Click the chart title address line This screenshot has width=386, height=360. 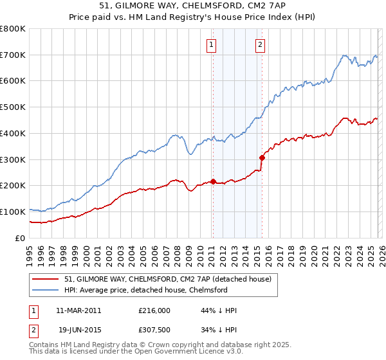coord(192,6)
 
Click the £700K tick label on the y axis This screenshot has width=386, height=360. coord(13,55)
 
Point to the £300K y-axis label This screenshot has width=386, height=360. coord(13,159)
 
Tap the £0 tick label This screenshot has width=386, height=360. coord(21,237)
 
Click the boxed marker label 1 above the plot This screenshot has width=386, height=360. coord(212,44)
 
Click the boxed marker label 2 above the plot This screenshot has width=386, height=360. coord(261,44)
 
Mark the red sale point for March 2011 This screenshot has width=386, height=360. coord(213,181)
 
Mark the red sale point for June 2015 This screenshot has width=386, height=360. coord(262,157)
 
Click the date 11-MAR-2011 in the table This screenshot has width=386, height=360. coord(78,310)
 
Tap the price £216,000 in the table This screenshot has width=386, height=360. coord(154,310)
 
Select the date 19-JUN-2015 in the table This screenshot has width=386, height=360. coord(78,330)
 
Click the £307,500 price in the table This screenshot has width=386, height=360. coord(154,330)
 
